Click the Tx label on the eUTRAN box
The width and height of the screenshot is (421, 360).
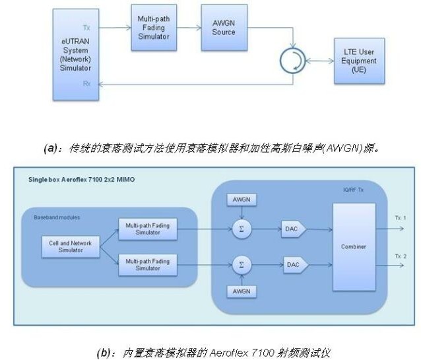pyautogui.click(x=87, y=27)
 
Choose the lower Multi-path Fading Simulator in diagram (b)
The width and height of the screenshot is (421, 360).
pyautogui.click(x=147, y=264)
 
